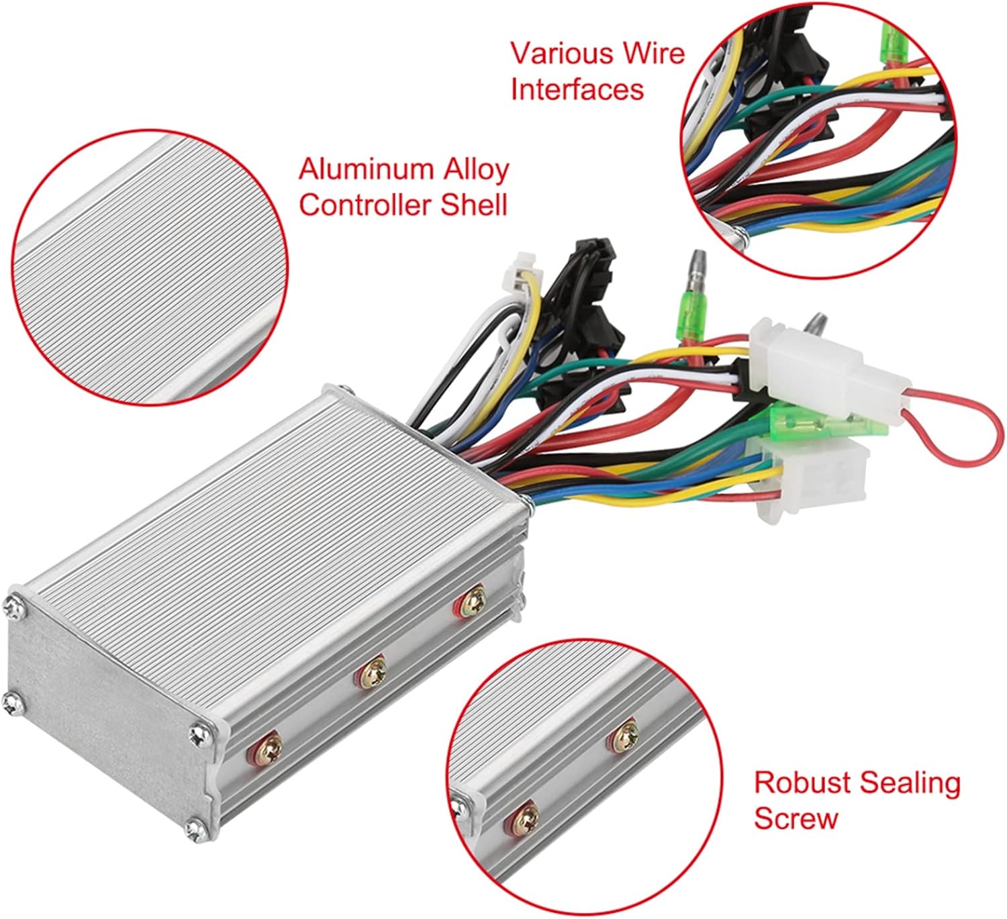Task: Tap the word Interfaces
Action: tap(577, 89)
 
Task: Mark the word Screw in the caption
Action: tap(796, 818)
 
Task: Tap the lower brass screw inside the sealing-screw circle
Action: tap(522, 816)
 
